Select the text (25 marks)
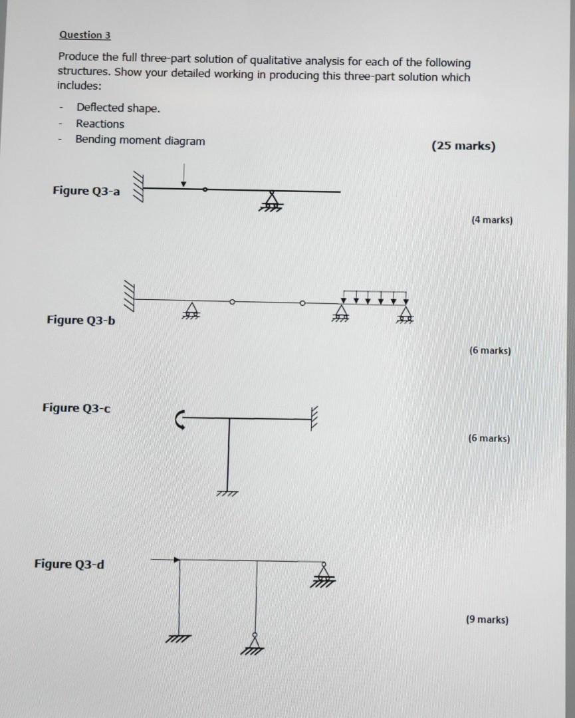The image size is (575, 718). click(463, 146)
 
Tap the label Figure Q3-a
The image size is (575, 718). click(86, 191)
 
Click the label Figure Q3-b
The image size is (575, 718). click(80, 320)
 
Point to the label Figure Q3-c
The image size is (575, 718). click(76, 408)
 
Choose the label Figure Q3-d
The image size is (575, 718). click(69, 564)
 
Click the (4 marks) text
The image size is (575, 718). click(491, 219)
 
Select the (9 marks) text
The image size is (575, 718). click(487, 620)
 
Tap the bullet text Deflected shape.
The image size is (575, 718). click(118, 108)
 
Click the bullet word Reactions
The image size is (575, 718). click(100, 124)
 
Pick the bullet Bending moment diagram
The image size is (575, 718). click(140, 140)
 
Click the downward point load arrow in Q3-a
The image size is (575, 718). click(185, 176)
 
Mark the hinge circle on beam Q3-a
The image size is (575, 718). click(205, 190)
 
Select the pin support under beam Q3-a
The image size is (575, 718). click(271, 201)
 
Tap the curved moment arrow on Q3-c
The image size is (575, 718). click(179, 419)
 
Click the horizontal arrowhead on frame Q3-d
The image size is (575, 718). click(176, 560)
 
